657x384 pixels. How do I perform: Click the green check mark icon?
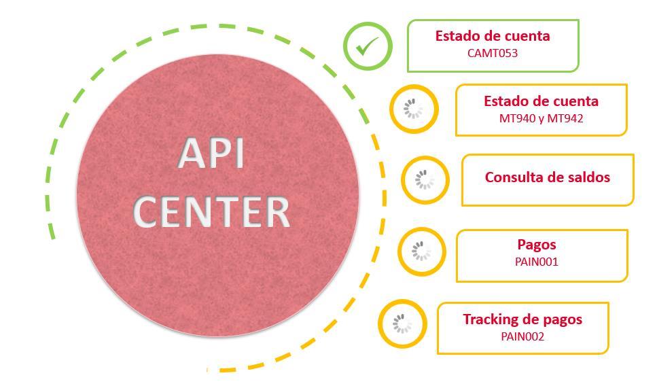click(x=368, y=46)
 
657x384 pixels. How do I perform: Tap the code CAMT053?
click(x=493, y=52)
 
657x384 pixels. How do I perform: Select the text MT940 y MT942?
click(x=541, y=118)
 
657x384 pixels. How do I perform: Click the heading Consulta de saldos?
click(x=547, y=177)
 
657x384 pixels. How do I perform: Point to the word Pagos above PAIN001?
click(x=537, y=245)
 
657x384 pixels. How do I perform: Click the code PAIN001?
click(x=537, y=261)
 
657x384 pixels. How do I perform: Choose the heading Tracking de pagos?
click(x=522, y=319)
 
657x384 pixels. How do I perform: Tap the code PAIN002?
click(x=522, y=336)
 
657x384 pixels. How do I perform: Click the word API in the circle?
click(x=211, y=154)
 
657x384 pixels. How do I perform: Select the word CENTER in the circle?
click(x=211, y=211)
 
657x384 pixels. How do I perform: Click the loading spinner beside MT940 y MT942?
click(x=414, y=109)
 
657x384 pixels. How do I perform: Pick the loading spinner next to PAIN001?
click(x=421, y=251)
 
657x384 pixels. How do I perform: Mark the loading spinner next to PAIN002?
click(x=402, y=324)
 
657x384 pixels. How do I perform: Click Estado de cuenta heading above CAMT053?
click(x=493, y=36)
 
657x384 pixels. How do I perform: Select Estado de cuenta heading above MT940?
click(x=541, y=101)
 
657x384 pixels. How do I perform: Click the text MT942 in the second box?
click(x=565, y=118)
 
